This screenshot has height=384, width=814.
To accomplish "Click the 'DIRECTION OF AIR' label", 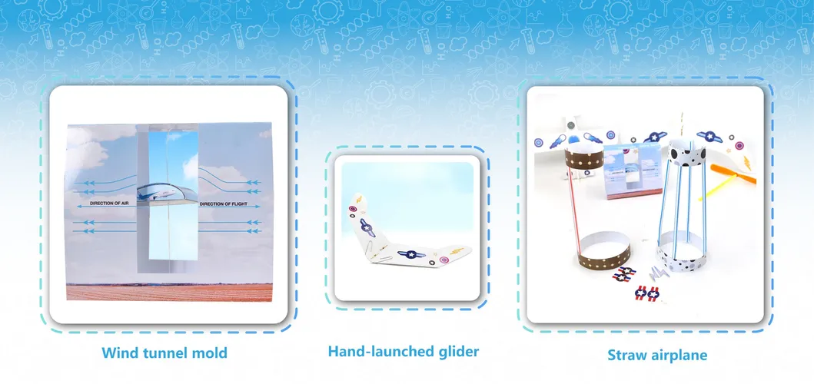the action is coord(112,204).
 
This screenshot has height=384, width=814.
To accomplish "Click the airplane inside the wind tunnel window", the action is coord(167,193).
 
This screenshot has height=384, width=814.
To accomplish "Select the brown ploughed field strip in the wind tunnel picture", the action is coord(169,292).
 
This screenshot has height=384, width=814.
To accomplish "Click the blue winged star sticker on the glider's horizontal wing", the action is coord(411,254).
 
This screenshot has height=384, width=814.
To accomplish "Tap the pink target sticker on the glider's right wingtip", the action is coord(444,260).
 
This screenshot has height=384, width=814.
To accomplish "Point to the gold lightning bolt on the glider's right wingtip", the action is coord(457,251).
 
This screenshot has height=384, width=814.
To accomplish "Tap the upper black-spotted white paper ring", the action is coord(687,151).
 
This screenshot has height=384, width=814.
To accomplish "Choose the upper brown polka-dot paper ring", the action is coord(585,157).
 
